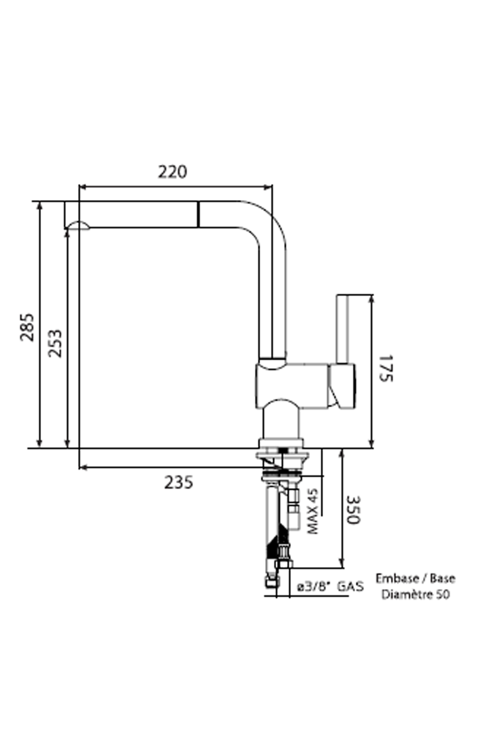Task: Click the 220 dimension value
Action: (x=172, y=172)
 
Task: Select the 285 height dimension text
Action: (x=27, y=327)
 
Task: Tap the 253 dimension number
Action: (x=55, y=343)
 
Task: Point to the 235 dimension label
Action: (x=178, y=482)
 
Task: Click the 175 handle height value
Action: (x=385, y=368)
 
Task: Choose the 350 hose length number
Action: (x=354, y=510)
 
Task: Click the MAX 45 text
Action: (x=313, y=512)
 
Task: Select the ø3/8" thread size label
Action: (x=314, y=587)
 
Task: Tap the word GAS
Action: (x=350, y=587)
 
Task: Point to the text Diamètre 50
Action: (x=415, y=595)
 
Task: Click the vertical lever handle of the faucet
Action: (x=342, y=328)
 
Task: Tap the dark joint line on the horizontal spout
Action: (x=198, y=215)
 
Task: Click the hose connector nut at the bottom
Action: (x=284, y=563)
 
